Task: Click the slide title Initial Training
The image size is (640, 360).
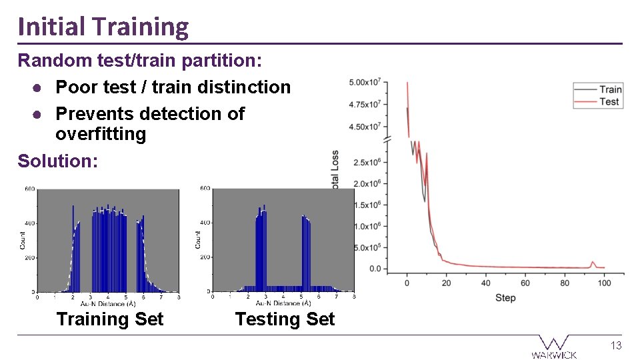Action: tap(103, 27)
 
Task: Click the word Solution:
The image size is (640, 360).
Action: tap(57, 161)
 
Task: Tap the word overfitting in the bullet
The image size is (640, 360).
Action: tap(100, 134)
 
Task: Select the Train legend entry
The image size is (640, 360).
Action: tap(609, 89)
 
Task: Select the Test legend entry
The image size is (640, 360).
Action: tap(609, 101)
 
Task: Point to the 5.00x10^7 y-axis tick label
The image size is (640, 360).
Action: tap(365, 83)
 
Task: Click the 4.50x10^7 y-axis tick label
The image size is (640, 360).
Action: tap(365, 127)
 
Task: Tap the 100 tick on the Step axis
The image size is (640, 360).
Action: tap(604, 283)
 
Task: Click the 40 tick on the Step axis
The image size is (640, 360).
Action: tap(486, 283)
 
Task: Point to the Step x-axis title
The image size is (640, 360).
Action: tap(505, 297)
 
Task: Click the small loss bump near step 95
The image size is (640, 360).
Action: tap(593, 263)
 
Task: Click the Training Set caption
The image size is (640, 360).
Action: tap(110, 319)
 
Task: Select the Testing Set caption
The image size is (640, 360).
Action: tap(285, 319)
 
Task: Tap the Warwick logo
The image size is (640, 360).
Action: tap(554, 347)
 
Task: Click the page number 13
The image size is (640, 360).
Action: tap(617, 345)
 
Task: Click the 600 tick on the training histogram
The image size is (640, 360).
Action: tap(30, 189)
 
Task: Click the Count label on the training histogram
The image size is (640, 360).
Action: tap(23, 241)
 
